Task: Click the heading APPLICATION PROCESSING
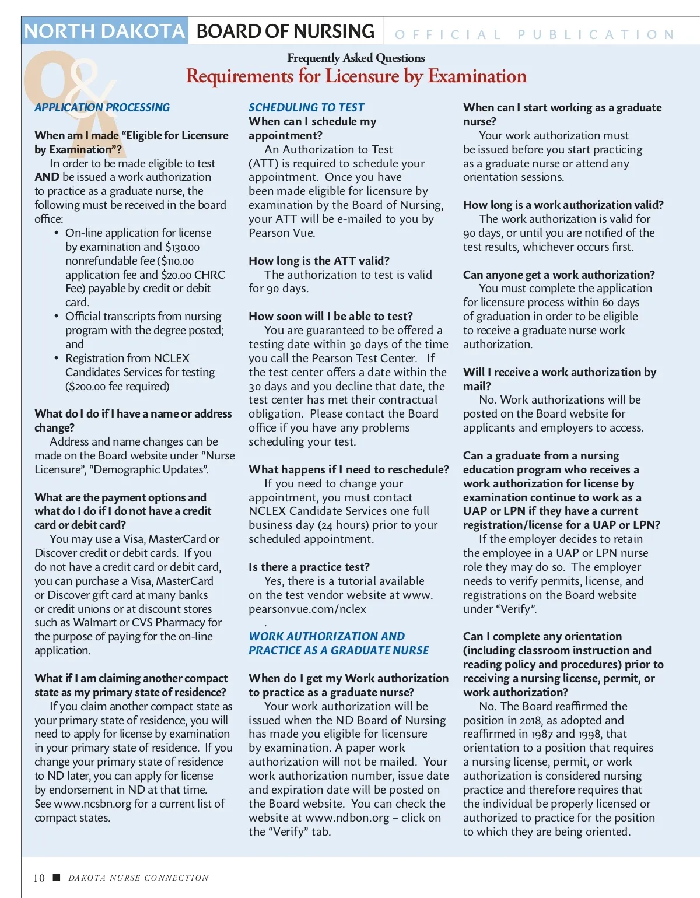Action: point(102,107)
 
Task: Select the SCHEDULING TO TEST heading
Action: point(306,107)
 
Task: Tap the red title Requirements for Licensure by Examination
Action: point(356,76)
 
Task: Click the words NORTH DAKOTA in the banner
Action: point(104,31)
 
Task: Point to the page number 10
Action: point(38,878)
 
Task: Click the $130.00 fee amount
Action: point(182,247)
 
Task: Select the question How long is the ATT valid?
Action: point(319,261)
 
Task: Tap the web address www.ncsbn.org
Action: point(92,804)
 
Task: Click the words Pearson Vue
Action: point(282,233)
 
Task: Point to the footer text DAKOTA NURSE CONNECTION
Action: point(138,878)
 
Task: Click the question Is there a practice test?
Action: point(309,567)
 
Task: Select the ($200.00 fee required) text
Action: point(117,386)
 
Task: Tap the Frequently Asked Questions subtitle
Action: point(356,58)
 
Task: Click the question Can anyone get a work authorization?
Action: point(559,275)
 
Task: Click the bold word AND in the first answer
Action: point(47,177)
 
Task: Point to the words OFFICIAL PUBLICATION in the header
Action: point(534,35)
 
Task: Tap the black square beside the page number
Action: point(57,877)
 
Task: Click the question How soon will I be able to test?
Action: point(331,316)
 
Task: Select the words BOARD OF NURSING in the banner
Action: point(285,31)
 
